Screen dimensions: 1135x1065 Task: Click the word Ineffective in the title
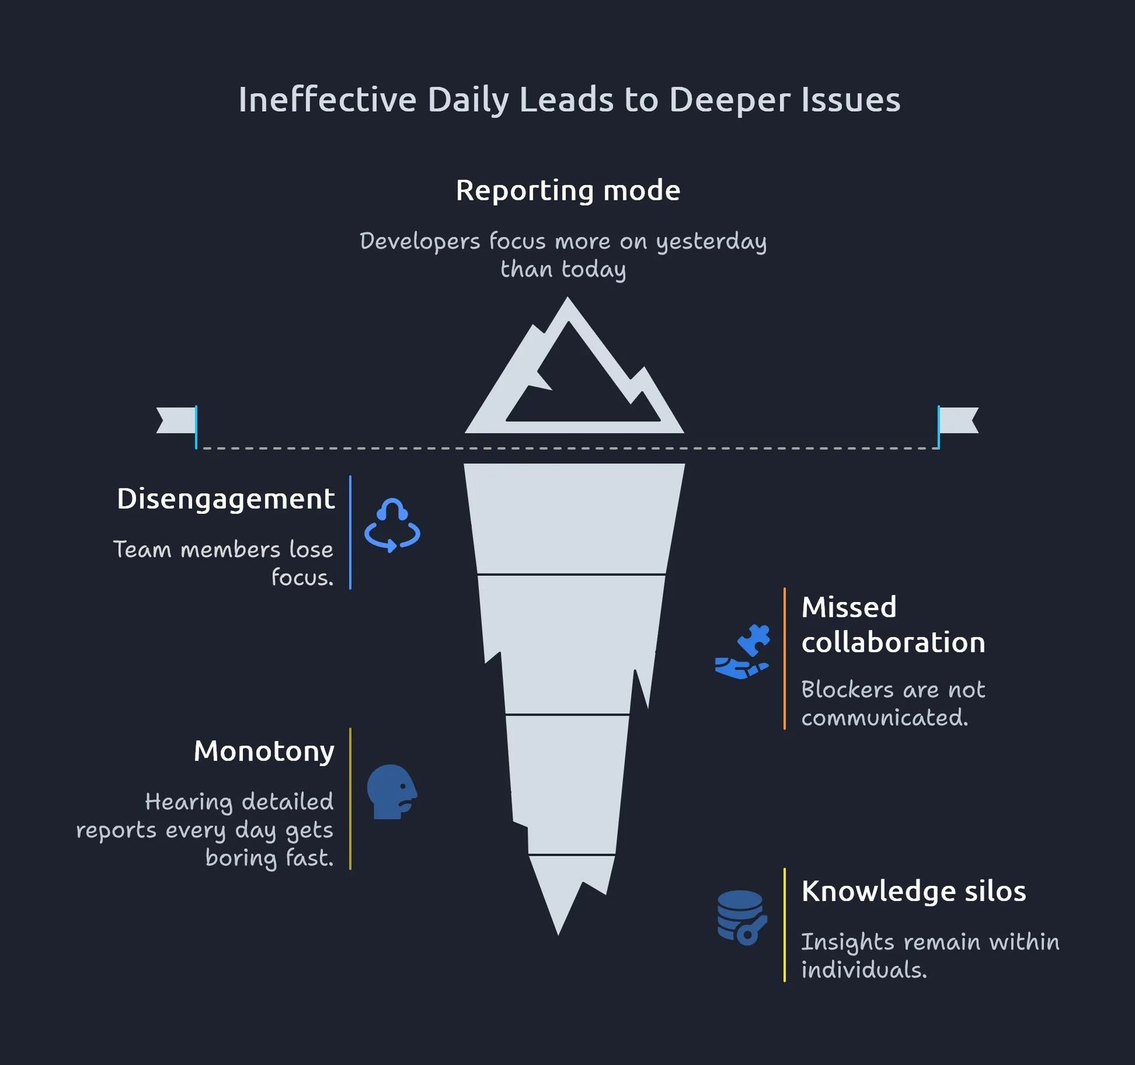click(327, 99)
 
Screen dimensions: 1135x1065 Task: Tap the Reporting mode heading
click(568, 191)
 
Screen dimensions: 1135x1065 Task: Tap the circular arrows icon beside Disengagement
click(392, 526)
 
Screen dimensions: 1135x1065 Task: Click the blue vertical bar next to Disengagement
click(351, 532)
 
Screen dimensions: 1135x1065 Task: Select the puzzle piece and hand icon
click(742, 652)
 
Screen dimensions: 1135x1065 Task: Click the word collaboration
click(893, 643)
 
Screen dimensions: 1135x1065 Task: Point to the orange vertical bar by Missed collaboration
click(784, 658)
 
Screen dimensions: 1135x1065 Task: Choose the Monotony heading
click(264, 752)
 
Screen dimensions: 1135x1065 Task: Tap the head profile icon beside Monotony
click(392, 792)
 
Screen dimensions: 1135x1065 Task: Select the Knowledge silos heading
click(914, 891)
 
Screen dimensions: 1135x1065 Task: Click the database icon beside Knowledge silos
click(742, 918)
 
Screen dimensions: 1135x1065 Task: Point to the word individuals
click(864, 970)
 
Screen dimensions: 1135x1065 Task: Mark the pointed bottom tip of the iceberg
click(558, 935)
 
